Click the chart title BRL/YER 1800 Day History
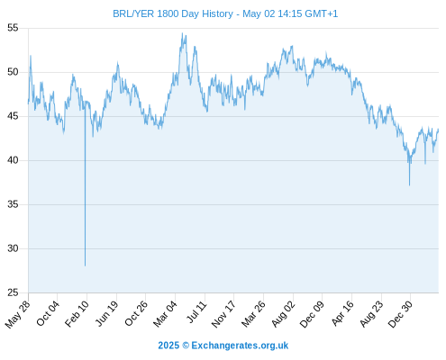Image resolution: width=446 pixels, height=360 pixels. [x=173, y=13]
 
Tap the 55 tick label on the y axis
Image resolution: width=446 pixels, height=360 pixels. [x=13, y=28]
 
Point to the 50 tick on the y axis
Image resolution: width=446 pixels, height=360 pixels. [x=13, y=72]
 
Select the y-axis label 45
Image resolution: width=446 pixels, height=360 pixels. [x=13, y=116]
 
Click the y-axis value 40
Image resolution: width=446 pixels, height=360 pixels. [x=13, y=160]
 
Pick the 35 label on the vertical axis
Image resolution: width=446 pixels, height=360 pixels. [x=13, y=204]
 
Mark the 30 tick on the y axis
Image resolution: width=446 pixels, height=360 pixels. [x=13, y=248]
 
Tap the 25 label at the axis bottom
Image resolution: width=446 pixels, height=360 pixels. [x=13, y=292]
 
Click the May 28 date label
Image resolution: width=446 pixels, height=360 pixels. [x=18, y=314]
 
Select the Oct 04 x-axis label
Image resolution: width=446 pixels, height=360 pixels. [x=48, y=313]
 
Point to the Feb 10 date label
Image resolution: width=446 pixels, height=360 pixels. [x=77, y=313]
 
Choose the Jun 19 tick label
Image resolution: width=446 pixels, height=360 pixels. [x=107, y=313]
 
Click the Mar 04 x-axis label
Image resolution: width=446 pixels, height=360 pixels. [x=165, y=313]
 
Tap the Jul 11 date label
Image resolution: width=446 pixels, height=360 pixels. [x=197, y=311]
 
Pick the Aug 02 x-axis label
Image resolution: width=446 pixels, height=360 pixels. [x=283, y=313]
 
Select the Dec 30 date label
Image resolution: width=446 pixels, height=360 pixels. [x=400, y=313]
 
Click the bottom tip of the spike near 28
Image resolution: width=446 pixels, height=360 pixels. [x=85, y=265]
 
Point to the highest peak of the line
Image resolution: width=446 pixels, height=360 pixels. [x=182, y=33]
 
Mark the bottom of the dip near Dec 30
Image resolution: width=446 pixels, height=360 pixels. [x=409, y=185]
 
